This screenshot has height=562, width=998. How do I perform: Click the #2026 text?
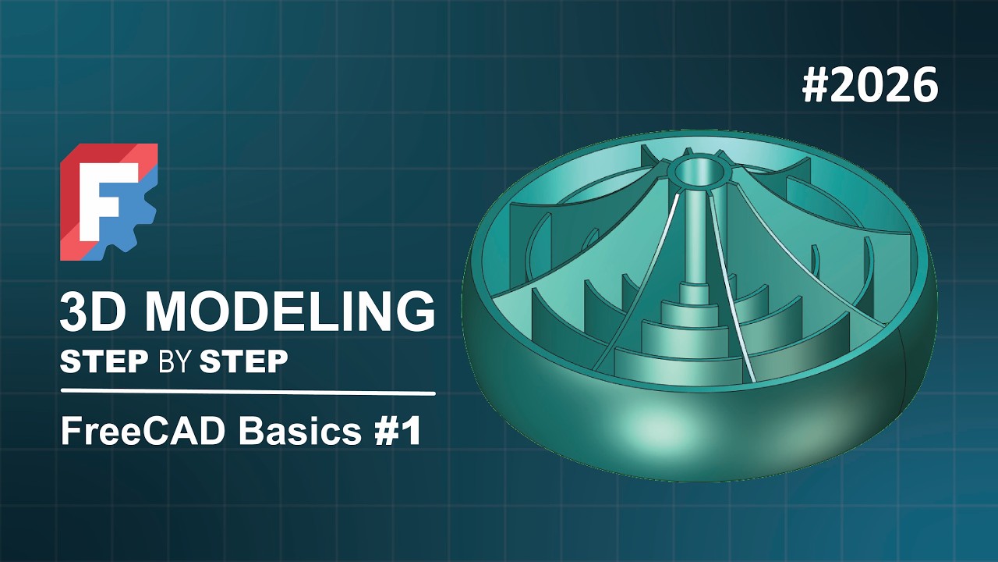click(x=869, y=85)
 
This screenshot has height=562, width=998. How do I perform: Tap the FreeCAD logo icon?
click(x=109, y=201)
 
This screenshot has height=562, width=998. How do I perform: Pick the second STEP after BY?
click(x=244, y=361)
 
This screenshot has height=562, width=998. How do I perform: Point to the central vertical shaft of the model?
click(x=693, y=234)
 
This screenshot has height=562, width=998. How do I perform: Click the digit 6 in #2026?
click(x=922, y=85)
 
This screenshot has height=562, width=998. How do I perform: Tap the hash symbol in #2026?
click(x=816, y=85)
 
